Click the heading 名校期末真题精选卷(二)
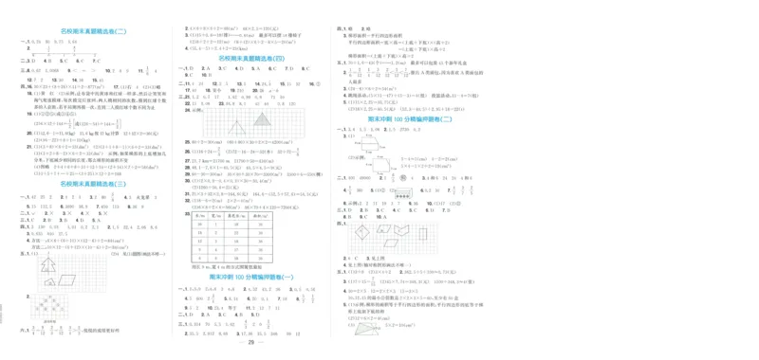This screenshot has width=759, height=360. [92, 32]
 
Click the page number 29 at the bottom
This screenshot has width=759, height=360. [251, 342]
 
